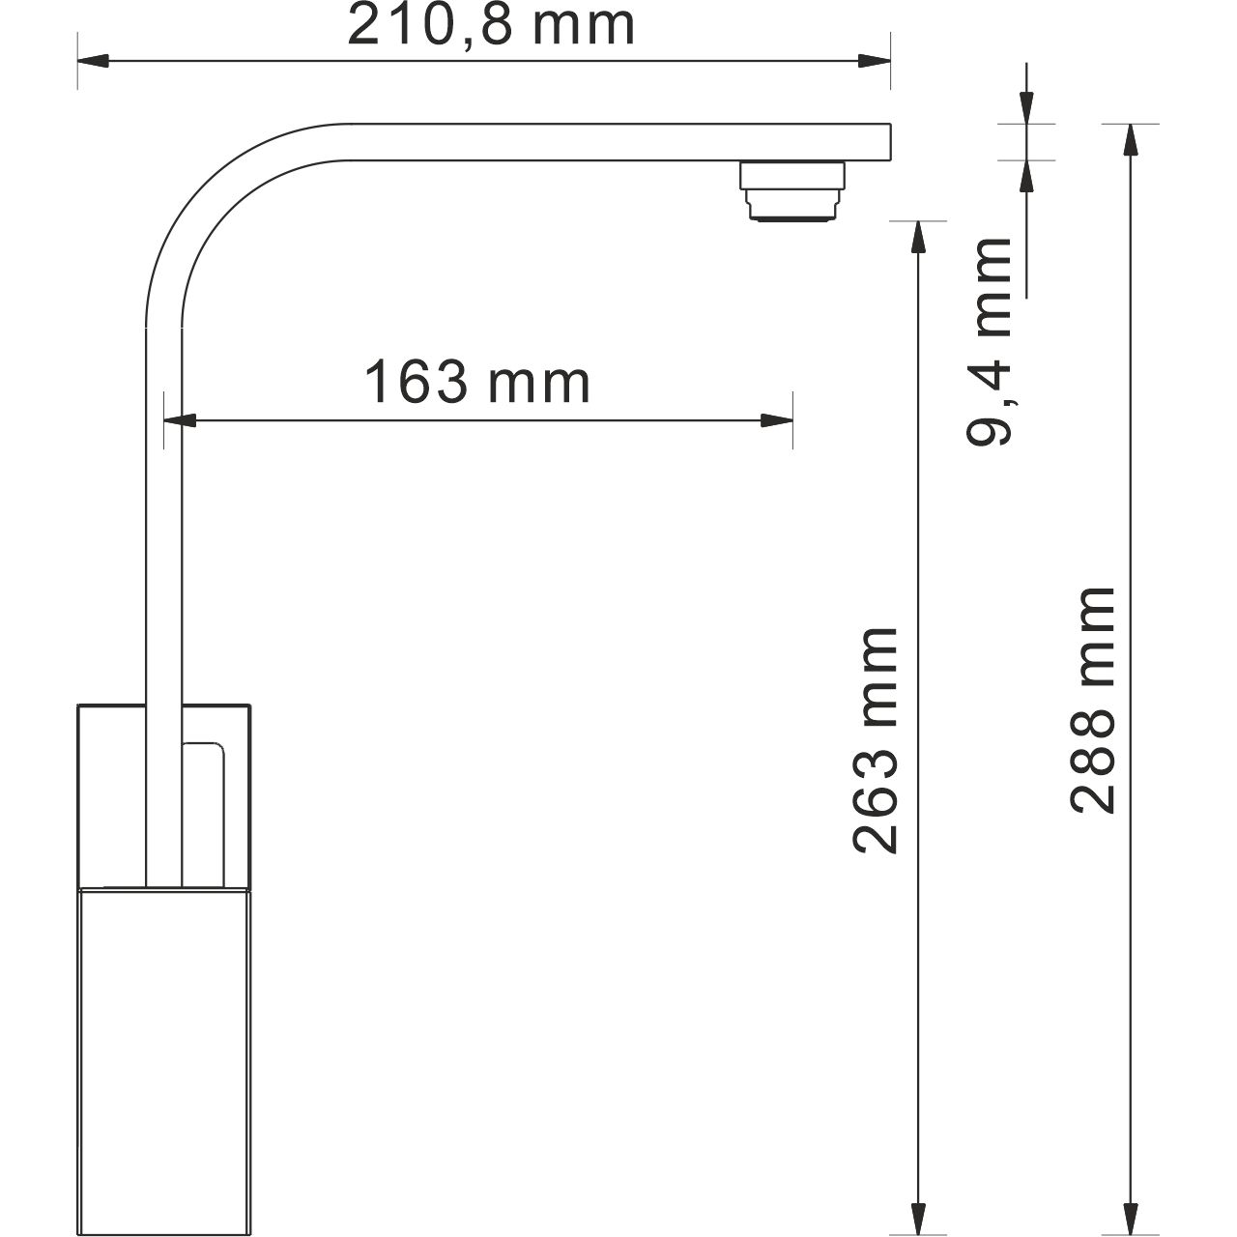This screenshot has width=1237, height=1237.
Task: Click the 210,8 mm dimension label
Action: [491, 26]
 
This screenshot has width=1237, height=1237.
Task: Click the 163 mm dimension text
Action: [476, 384]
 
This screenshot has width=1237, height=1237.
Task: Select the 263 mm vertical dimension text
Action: [877, 739]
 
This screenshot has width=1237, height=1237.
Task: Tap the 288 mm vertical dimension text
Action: [1093, 700]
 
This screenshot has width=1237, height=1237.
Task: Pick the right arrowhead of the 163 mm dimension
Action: [778, 420]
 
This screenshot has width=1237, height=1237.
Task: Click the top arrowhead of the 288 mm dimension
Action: [1129, 140]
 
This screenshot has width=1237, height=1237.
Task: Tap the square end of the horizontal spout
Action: [875, 141]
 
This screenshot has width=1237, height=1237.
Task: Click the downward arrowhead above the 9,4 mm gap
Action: [1025, 106]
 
